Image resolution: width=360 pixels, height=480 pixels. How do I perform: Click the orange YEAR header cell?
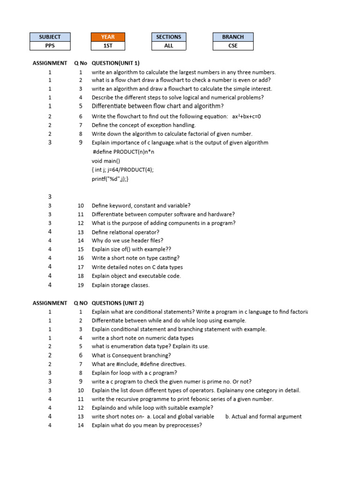click(x=108, y=37)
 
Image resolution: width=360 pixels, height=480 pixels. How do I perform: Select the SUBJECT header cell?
click(x=50, y=37)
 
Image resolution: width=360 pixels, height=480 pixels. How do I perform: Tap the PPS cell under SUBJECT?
click(x=50, y=46)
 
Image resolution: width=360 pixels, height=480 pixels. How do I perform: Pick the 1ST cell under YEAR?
click(x=108, y=46)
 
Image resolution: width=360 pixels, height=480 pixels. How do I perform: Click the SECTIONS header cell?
click(x=169, y=37)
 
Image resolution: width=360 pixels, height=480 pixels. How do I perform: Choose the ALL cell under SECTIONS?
click(x=169, y=46)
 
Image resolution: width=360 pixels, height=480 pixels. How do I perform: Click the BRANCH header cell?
click(x=233, y=37)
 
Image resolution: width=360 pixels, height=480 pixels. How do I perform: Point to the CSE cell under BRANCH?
click(x=233, y=46)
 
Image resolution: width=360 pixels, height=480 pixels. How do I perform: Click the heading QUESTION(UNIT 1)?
click(x=115, y=63)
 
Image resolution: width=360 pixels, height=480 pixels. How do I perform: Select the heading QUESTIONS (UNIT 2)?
click(x=118, y=303)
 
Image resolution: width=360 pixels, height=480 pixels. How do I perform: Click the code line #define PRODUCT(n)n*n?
click(x=124, y=152)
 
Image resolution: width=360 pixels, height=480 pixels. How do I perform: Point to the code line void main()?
click(x=106, y=161)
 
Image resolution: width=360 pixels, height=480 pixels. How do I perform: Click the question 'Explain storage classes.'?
click(x=120, y=285)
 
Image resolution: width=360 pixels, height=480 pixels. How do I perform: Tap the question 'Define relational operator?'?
click(x=125, y=232)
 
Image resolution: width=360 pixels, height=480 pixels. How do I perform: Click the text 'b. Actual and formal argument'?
click(x=263, y=416)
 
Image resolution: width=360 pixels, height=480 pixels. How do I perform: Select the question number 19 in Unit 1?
click(x=81, y=285)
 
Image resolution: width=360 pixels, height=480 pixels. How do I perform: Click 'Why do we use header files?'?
click(x=127, y=240)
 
